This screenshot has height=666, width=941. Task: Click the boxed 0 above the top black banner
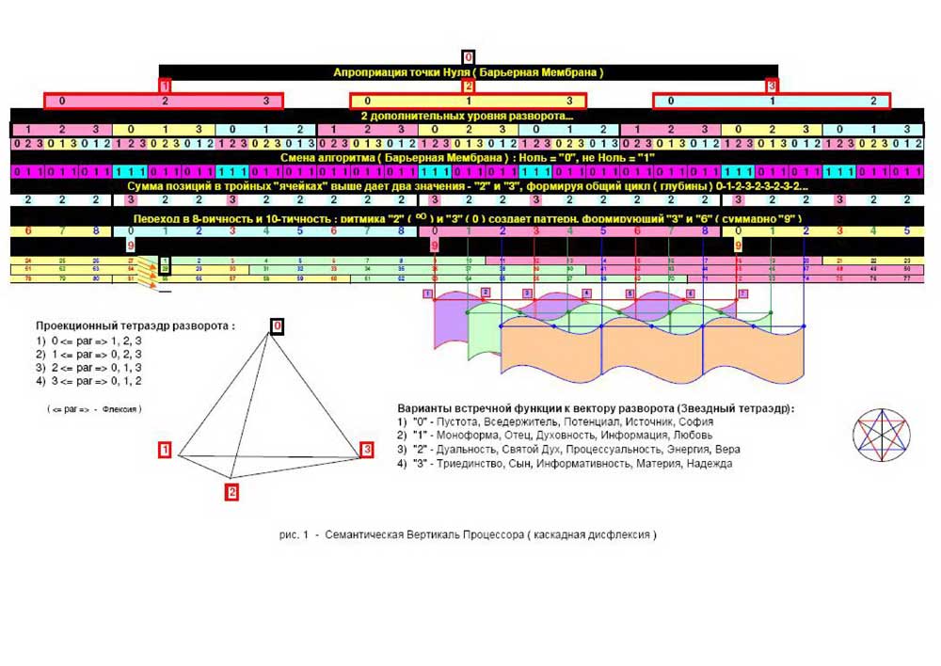click(469, 57)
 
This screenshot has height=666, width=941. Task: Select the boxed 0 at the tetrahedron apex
click(277, 325)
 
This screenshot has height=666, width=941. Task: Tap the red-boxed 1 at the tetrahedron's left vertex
click(166, 451)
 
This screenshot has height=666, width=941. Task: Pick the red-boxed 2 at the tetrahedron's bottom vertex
click(231, 491)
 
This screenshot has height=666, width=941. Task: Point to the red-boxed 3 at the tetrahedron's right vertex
click(367, 451)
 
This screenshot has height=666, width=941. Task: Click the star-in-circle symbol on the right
click(881, 435)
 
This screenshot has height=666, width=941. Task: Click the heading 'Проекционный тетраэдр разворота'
click(136, 325)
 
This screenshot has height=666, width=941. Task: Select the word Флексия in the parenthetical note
click(120, 409)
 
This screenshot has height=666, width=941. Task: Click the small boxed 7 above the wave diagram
click(742, 293)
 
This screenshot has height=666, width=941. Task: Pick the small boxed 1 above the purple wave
click(427, 293)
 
